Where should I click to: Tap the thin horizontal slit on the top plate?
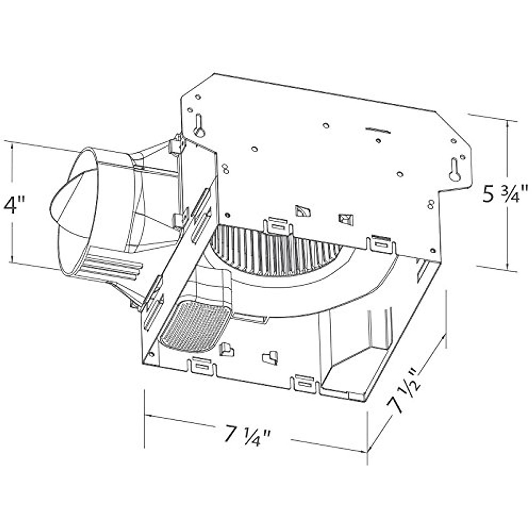click(x=378, y=130)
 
